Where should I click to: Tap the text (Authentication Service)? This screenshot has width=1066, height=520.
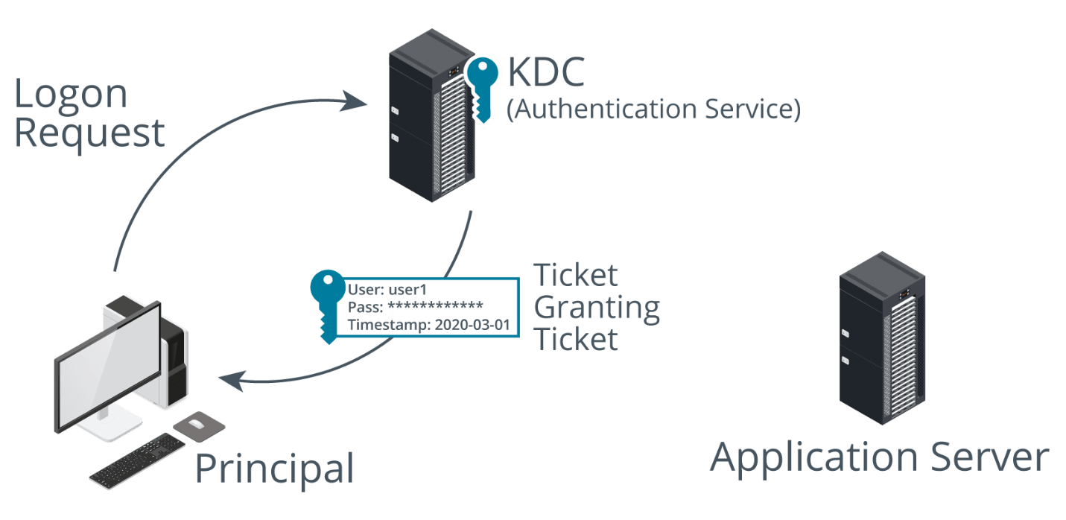[x=653, y=110]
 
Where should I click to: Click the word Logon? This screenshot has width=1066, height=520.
[x=71, y=95]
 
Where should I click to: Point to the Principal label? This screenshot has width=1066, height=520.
[x=273, y=469]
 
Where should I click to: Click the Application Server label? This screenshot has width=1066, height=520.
[x=879, y=457]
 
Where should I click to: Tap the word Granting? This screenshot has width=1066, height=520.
[x=597, y=308]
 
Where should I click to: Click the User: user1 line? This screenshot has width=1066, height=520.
[x=387, y=290]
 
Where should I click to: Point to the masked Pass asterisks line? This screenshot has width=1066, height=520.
[x=416, y=307]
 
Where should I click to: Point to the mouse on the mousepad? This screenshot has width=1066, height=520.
[x=196, y=424]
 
